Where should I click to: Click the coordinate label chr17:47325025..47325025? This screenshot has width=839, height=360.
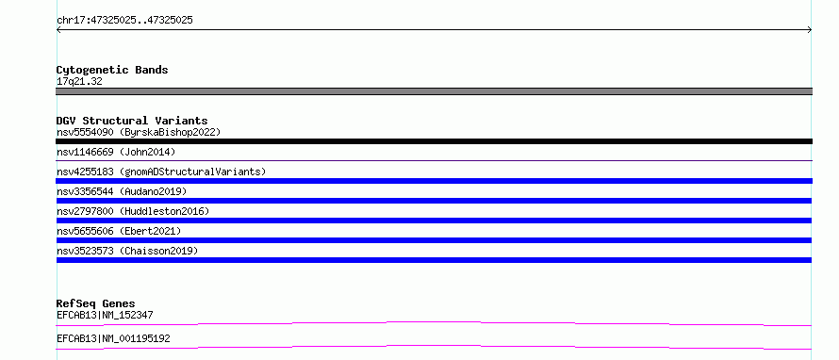point(124,21)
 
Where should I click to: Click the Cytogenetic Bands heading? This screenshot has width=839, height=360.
point(112,70)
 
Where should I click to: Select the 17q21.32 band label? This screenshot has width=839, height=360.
point(79,82)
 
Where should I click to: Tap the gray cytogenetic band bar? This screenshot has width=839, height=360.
point(434,91)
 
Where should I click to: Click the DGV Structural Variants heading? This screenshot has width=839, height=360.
point(132,121)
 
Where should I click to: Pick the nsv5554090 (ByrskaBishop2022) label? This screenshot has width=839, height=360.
point(139,132)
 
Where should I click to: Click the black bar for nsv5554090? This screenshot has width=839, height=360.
point(434,141)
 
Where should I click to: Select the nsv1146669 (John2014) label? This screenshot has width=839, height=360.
point(116,152)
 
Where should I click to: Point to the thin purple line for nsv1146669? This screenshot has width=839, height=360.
point(434,160)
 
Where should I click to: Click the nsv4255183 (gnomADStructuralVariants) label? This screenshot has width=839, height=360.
point(161,172)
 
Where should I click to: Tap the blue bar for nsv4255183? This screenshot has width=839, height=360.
point(434,181)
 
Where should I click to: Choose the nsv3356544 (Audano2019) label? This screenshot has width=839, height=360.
point(122,191)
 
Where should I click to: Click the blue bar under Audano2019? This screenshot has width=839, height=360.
point(434,201)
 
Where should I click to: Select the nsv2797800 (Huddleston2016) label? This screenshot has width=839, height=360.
point(133,211)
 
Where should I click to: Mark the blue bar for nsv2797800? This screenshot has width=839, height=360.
point(434,221)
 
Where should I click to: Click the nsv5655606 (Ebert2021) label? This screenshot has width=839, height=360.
point(119,231)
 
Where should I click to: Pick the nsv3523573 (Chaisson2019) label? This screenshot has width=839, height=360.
point(127,251)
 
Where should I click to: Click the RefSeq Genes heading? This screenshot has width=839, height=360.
point(96,303)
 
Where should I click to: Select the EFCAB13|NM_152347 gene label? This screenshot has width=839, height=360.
point(105,315)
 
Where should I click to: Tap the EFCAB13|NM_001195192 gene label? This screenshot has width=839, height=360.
point(113,338)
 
